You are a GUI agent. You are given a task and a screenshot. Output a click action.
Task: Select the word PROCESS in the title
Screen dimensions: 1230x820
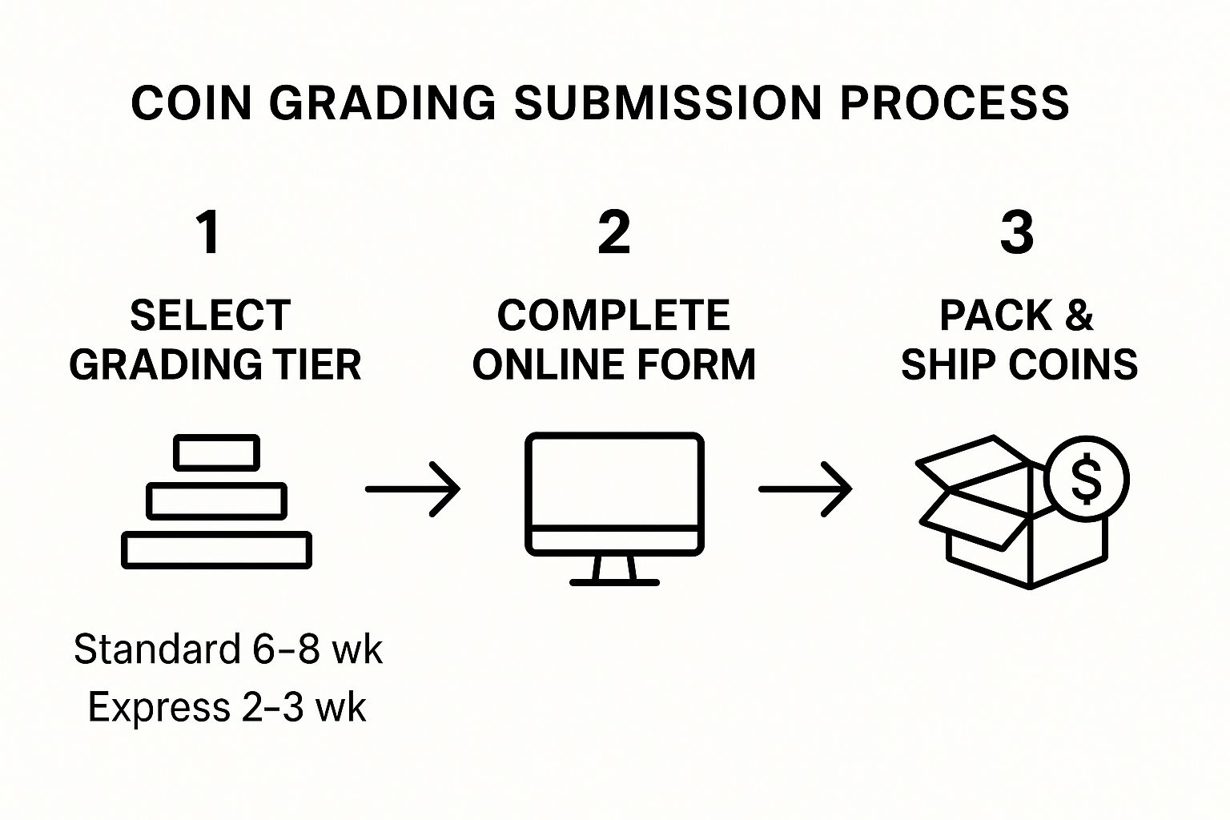pos(955,103)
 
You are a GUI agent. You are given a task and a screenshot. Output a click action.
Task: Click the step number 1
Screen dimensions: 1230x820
pos(209,233)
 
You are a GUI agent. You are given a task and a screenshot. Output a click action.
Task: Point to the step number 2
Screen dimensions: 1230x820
pos(614,233)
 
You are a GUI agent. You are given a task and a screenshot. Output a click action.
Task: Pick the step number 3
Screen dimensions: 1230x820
pos(1017,233)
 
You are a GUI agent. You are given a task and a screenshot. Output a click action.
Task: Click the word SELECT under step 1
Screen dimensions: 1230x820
pos(210,316)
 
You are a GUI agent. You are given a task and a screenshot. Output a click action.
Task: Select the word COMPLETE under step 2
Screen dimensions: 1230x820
pos(613,316)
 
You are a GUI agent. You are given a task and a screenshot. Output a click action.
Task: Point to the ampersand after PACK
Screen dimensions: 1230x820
pos(1079,316)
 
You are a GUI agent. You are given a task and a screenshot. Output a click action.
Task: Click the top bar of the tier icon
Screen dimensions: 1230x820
pos(217,453)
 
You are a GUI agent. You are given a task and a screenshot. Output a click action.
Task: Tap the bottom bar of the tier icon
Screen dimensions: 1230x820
pos(216,550)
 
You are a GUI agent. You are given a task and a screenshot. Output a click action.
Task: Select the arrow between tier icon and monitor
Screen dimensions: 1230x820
pos(413,488)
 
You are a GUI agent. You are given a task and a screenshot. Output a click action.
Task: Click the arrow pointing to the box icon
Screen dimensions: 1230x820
pos(806,488)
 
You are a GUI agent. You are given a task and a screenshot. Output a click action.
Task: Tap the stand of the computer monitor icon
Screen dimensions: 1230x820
pos(614,570)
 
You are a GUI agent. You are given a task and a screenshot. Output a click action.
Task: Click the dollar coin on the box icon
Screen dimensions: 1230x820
pos(1086,480)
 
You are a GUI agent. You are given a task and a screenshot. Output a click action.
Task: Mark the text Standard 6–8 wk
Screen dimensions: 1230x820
pos(228,649)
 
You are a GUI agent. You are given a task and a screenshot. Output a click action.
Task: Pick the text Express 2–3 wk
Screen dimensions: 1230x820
pos(227,708)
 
